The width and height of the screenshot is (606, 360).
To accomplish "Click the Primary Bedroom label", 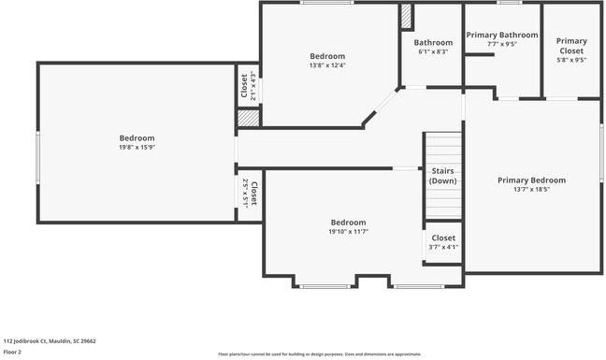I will [531, 180].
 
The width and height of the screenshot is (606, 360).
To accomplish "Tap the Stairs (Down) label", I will [443, 176].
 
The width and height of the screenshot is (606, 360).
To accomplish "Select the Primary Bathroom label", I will [502, 36].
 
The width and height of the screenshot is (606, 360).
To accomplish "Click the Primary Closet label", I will [571, 46].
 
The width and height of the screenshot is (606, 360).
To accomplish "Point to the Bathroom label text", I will [433, 42].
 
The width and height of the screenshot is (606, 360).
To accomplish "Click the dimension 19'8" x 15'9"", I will [137, 147].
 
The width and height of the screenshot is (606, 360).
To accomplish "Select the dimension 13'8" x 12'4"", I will [327, 65].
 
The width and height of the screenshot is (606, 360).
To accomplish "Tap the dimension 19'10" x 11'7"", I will [348, 231].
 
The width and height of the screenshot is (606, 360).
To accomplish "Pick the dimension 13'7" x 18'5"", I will [531, 189].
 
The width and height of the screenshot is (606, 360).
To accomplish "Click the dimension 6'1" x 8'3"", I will [433, 51].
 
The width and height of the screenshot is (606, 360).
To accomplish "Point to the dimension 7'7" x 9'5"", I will [502, 44].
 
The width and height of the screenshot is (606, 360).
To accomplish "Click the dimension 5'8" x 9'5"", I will [571, 60].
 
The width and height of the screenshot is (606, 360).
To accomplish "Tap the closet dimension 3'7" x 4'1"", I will [443, 247].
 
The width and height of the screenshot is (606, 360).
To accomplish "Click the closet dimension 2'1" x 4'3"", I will [253, 87].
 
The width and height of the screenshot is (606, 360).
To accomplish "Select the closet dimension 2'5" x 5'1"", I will [246, 192].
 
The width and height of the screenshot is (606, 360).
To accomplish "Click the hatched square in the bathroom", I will [407, 16].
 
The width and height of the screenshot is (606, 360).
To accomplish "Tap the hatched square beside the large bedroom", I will [247, 119].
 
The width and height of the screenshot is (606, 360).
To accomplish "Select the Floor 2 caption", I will [13, 353].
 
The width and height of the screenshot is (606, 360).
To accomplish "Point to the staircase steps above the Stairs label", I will [443, 148].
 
